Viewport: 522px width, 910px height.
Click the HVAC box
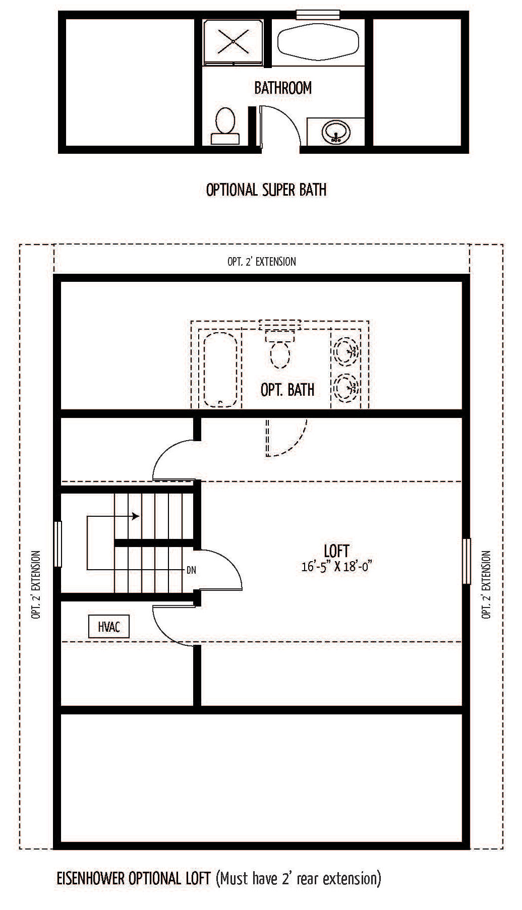point(109,627)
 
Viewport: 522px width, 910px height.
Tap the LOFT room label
point(336,551)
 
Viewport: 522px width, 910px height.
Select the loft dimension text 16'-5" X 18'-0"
point(336,567)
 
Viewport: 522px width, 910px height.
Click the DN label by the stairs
point(191,570)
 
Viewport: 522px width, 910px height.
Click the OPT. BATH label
point(287,389)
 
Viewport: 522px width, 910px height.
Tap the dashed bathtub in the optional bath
point(220,369)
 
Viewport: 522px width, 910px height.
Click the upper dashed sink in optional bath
point(346,349)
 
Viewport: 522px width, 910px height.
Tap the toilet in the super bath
point(225,126)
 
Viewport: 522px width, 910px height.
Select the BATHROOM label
point(283,88)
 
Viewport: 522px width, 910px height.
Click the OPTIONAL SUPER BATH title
point(266,190)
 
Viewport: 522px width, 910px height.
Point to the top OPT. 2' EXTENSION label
point(262,261)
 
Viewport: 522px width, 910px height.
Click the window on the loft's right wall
point(467,561)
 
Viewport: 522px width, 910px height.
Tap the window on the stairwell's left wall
point(57,544)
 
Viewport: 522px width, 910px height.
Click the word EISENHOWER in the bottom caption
point(91,878)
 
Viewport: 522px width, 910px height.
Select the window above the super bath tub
point(314,15)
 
